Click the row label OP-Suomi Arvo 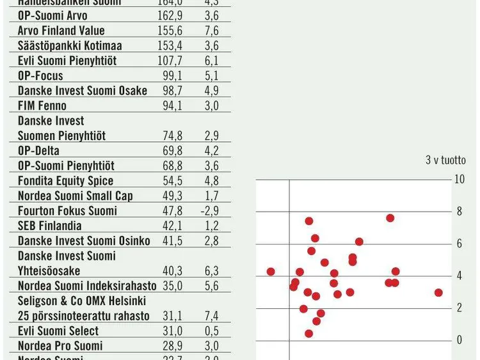click(x=52, y=15)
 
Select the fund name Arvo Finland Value click(x=61, y=31)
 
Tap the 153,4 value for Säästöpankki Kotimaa click(x=172, y=46)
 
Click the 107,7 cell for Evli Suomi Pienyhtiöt click(x=172, y=61)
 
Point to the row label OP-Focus click(x=40, y=76)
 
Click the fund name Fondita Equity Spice click(x=65, y=181)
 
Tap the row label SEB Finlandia click(x=49, y=226)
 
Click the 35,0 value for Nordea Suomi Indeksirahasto click(x=173, y=286)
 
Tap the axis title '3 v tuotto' click(x=445, y=160)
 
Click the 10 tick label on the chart click(x=459, y=179)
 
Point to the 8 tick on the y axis click(x=459, y=212)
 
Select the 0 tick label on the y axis click(x=459, y=340)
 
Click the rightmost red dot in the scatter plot click(x=438, y=293)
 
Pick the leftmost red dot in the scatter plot click(x=271, y=272)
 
